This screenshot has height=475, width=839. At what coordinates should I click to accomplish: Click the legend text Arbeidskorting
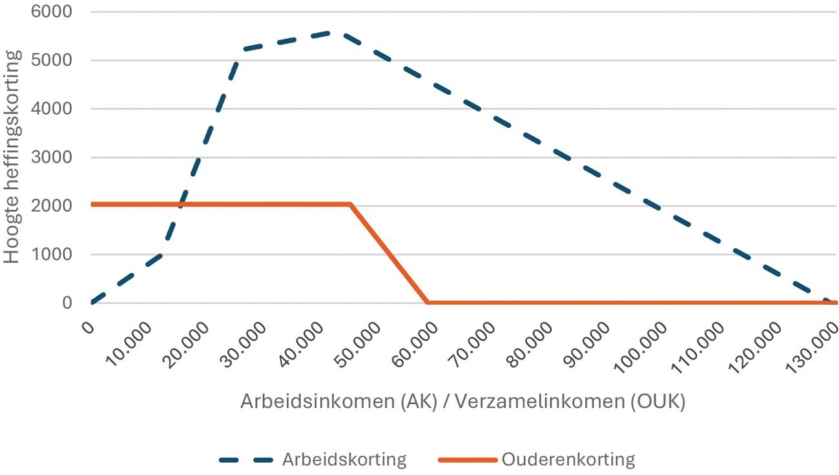click(x=344, y=460)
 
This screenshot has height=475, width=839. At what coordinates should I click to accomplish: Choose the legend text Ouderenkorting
click(x=568, y=460)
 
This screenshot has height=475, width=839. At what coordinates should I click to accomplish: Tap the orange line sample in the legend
click(x=466, y=460)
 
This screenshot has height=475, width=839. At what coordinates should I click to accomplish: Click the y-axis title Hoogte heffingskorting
click(x=12, y=157)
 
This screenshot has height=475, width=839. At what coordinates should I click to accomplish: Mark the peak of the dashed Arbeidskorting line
click(x=329, y=32)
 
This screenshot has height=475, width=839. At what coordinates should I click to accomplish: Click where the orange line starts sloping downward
click(x=351, y=205)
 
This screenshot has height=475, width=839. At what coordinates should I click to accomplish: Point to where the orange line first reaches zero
click(x=428, y=302)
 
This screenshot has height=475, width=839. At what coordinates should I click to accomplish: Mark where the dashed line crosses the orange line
click(x=181, y=205)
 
